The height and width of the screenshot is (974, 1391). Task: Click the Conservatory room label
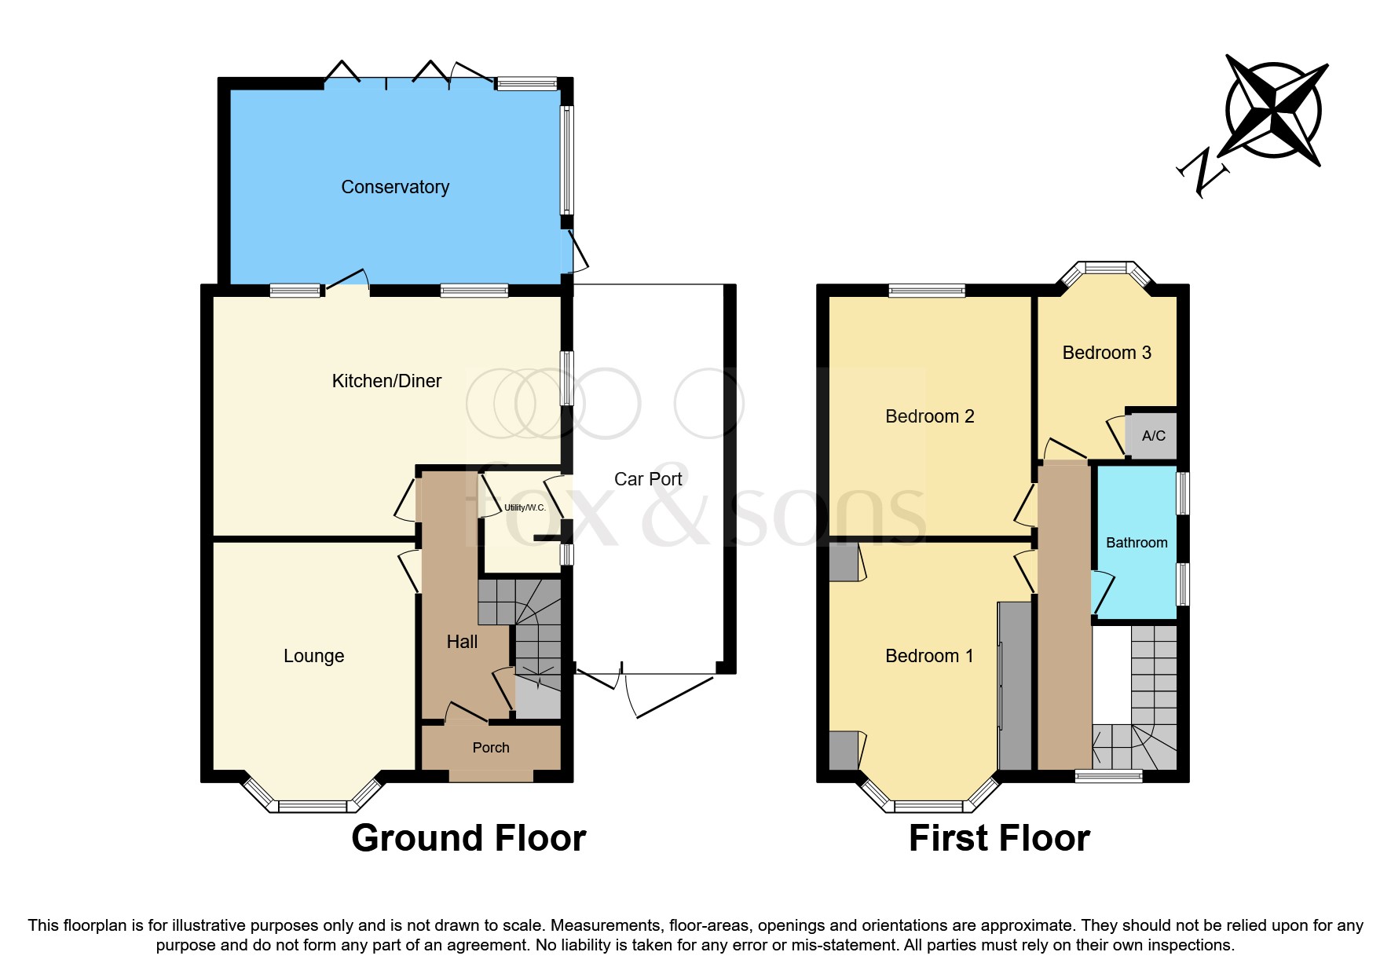click(395, 187)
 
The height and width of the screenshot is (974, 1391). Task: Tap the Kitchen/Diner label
click(386, 381)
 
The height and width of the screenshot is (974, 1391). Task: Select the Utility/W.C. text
click(524, 507)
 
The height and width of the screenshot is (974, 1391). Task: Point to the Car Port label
click(648, 479)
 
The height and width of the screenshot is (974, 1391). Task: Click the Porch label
click(491, 748)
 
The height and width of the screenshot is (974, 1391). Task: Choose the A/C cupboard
click(1152, 435)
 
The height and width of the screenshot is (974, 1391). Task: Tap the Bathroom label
click(1137, 543)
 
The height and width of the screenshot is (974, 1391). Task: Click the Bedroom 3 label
click(1106, 353)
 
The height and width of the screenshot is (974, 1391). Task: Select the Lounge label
click(313, 656)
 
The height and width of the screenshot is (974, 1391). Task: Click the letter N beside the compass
click(1201, 171)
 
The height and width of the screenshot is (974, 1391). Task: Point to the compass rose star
click(1274, 110)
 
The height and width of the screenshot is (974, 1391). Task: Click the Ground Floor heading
click(468, 838)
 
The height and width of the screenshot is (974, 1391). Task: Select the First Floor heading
click(999, 838)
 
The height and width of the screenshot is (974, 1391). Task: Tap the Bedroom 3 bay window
click(1106, 269)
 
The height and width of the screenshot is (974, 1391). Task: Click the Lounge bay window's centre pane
click(312, 806)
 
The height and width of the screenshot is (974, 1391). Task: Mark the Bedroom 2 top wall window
click(927, 291)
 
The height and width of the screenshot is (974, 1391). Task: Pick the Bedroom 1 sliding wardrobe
click(1014, 686)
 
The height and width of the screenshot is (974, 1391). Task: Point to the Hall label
click(462, 642)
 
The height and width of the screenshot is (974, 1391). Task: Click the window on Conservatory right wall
click(566, 160)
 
